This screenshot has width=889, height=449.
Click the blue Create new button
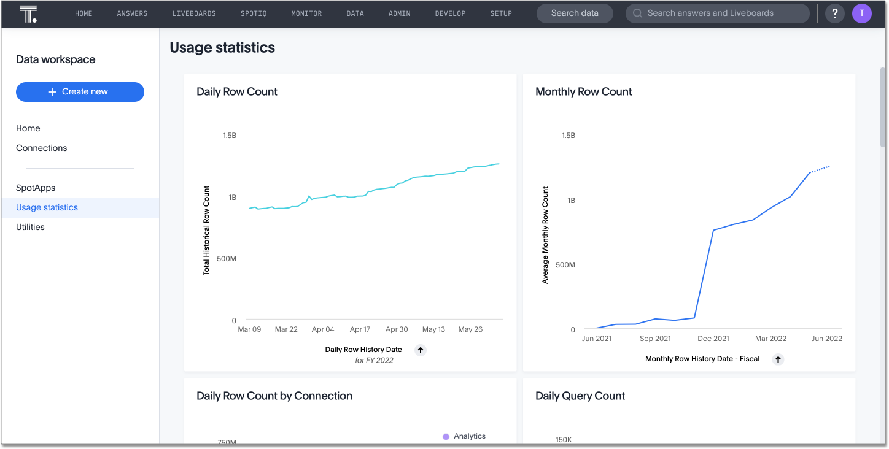(x=80, y=92)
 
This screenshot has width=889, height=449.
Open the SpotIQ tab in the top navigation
(x=254, y=13)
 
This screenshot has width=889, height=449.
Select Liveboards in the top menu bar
(x=194, y=13)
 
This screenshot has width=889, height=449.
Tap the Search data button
(x=575, y=13)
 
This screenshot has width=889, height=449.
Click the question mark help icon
(x=834, y=13)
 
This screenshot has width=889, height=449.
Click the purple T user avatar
(x=862, y=13)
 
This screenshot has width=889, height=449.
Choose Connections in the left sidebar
(x=42, y=148)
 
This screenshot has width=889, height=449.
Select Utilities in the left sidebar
(x=30, y=227)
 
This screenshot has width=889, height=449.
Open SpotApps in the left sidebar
(x=36, y=188)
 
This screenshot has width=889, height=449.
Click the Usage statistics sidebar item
(x=47, y=207)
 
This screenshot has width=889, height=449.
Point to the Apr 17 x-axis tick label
(x=360, y=329)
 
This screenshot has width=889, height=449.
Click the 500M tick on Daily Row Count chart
(x=226, y=259)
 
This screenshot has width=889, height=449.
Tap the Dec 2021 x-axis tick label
(x=713, y=339)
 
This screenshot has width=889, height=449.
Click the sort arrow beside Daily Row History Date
(x=421, y=350)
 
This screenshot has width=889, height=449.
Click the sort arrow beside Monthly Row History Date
(x=778, y=359)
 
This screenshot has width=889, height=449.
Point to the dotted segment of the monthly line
(x=820, y=169)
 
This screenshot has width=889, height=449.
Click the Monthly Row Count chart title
(x=583, y=91)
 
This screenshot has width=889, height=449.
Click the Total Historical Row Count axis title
(x=206, y=230)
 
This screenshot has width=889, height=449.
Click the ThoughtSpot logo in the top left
(x=28, y=13)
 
